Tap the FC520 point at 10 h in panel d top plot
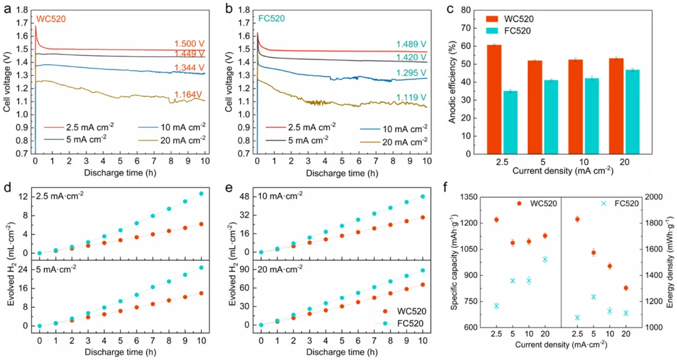201,193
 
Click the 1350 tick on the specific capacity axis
468,197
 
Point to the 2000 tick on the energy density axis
652,197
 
